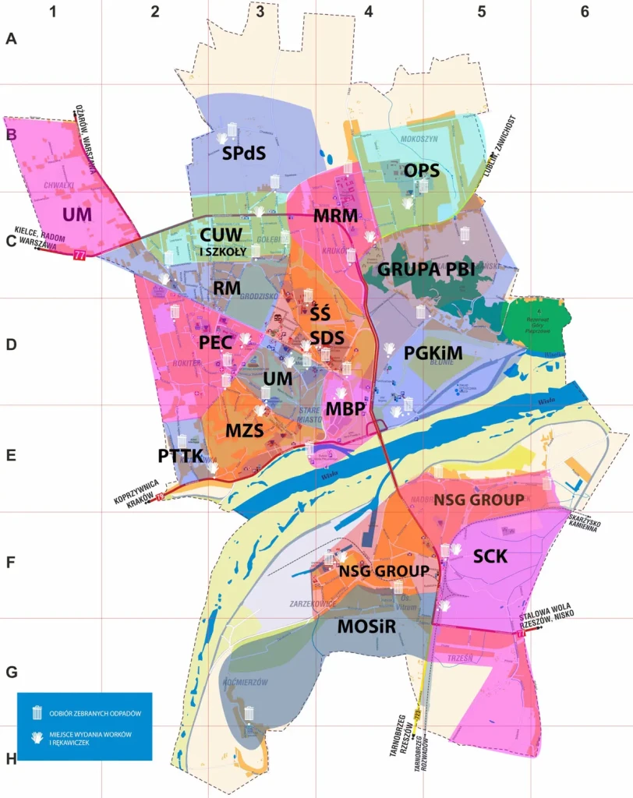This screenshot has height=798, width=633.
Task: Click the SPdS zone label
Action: (244, 154)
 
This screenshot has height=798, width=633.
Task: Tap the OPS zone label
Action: (422, 170)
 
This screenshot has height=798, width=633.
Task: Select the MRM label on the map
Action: (335, 216)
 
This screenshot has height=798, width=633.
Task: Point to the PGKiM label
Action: (433, 354)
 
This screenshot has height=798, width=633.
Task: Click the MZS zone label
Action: (245, 430)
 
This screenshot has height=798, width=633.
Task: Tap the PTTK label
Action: (180, 455)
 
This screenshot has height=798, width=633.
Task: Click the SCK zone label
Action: (490, 556)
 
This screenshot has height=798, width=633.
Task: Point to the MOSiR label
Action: (367, 627)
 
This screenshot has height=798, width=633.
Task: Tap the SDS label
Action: (327, 338)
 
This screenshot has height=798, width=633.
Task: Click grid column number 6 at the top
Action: (584, 12)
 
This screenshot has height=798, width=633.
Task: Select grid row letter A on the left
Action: (11, 39)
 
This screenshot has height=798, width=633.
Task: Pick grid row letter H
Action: (11, 758)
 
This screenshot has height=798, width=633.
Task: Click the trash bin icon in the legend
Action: (36, 712)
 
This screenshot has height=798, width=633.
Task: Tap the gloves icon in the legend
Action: (36, 737)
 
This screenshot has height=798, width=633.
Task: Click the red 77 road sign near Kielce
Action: (79, 255)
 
